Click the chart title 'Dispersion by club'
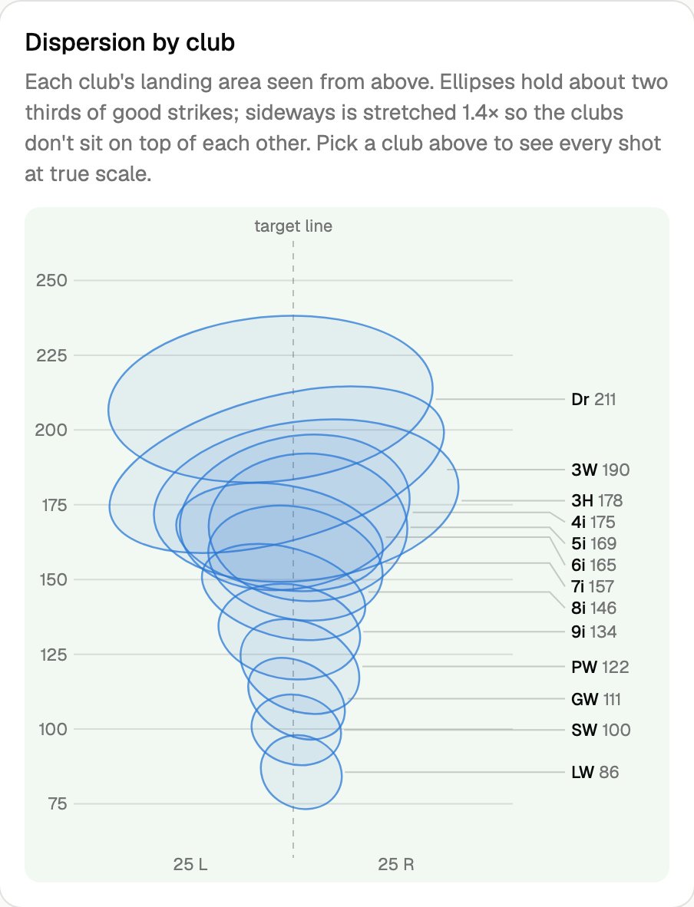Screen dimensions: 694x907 tap(130, 43)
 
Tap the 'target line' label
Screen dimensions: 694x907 tap(293, 226)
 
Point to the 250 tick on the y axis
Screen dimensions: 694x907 tap(51, 281)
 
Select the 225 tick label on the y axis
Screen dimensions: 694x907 tap(51, 355)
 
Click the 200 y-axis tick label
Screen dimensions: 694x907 tap(51, 430)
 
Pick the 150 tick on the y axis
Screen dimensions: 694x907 tap(53, 579)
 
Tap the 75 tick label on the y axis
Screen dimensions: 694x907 tap(58, 804)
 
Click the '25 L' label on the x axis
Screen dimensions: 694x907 tap(190, 864)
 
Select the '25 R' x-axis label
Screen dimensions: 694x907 tap(396, 864)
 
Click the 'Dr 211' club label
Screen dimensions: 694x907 tap(593, 399)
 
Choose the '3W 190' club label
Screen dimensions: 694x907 tap(600, 470)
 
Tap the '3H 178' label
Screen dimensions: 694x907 tap(597, 500)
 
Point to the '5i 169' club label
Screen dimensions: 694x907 tap(594, 543)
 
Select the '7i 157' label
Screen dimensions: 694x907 tap(593, 586)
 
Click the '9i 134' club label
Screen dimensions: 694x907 tap(594, 632)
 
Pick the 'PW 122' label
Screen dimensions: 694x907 tap(600, 667)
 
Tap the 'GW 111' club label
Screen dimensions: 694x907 tap(597, 699)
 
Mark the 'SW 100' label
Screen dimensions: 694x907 tap(601, 730)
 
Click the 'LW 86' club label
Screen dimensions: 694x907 tap(595, 772)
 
